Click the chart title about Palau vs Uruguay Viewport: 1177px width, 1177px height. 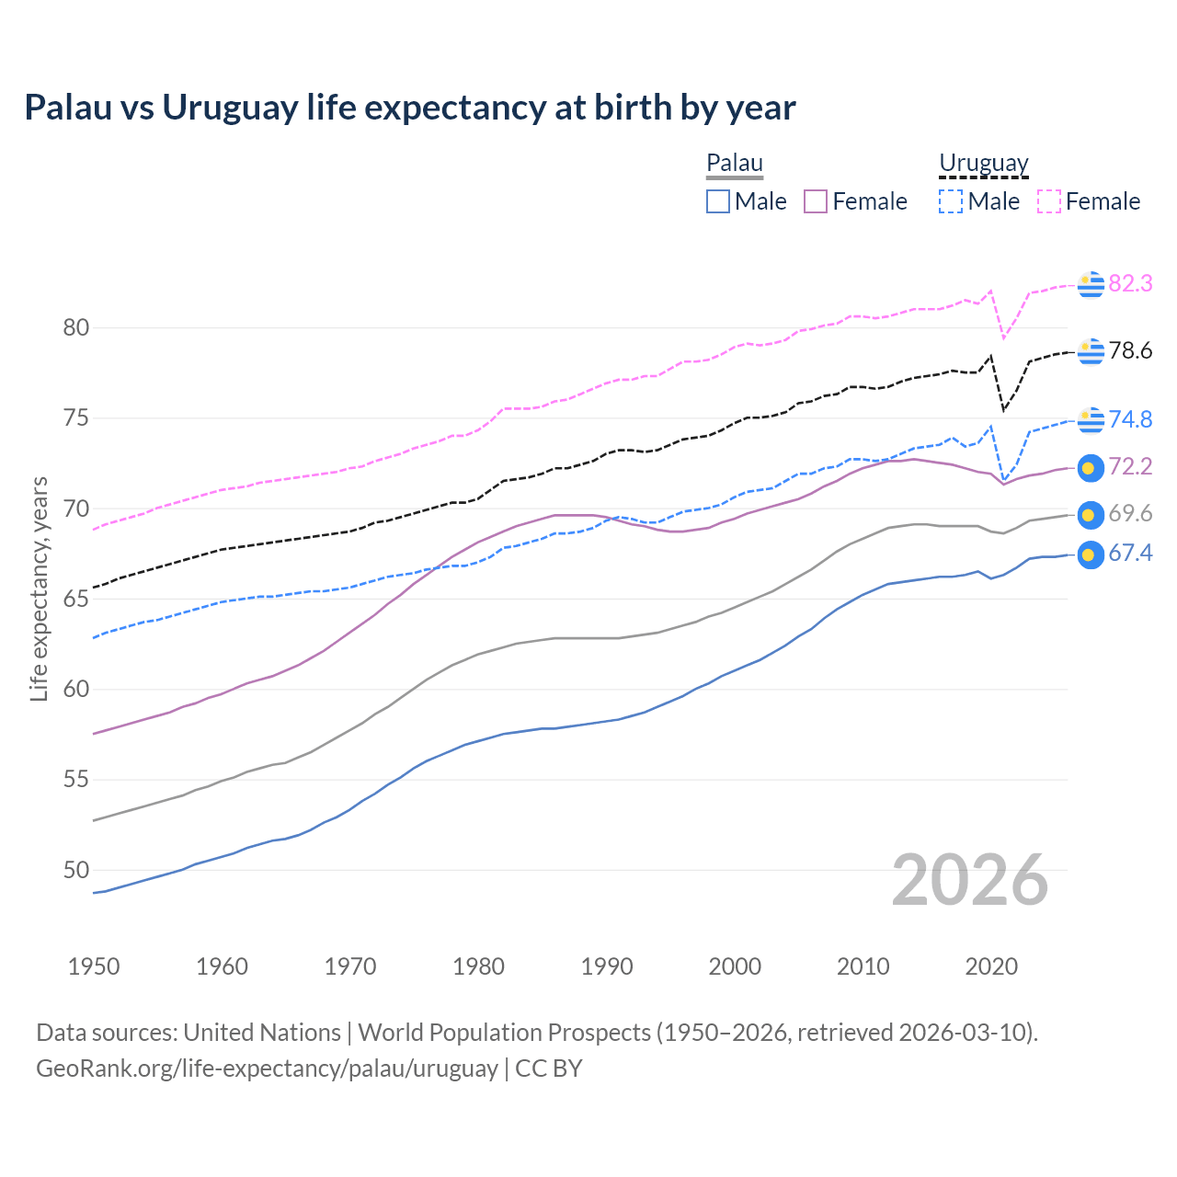[410, 108]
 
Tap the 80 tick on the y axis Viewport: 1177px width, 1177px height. [76, 327]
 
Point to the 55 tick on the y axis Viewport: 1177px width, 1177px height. [76, 780]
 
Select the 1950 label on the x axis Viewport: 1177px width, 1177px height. [94, 966]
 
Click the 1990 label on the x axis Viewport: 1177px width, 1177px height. [607, 966]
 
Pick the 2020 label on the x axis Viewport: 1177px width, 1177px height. [991, 966]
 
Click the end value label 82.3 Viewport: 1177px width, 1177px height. [1130, 284]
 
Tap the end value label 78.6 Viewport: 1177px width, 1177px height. [1130, 351]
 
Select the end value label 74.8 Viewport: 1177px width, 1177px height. [1130, 419]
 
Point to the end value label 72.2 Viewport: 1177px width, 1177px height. [1130, 467]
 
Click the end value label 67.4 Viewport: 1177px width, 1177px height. [1130, 554]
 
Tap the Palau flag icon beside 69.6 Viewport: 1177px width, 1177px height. [1090, 515]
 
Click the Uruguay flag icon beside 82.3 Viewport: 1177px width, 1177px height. [1090, 285]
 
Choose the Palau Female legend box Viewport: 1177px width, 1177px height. [816, 201]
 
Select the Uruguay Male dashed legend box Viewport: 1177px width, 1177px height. [951, 201]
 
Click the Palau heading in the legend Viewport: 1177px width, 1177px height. [735, 163]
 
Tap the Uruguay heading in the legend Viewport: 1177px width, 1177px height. [983, 163]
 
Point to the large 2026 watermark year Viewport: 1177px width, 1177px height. [970, 880]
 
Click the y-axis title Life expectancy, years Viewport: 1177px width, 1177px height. [39, 588]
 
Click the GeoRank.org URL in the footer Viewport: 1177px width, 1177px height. [267, 1068]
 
